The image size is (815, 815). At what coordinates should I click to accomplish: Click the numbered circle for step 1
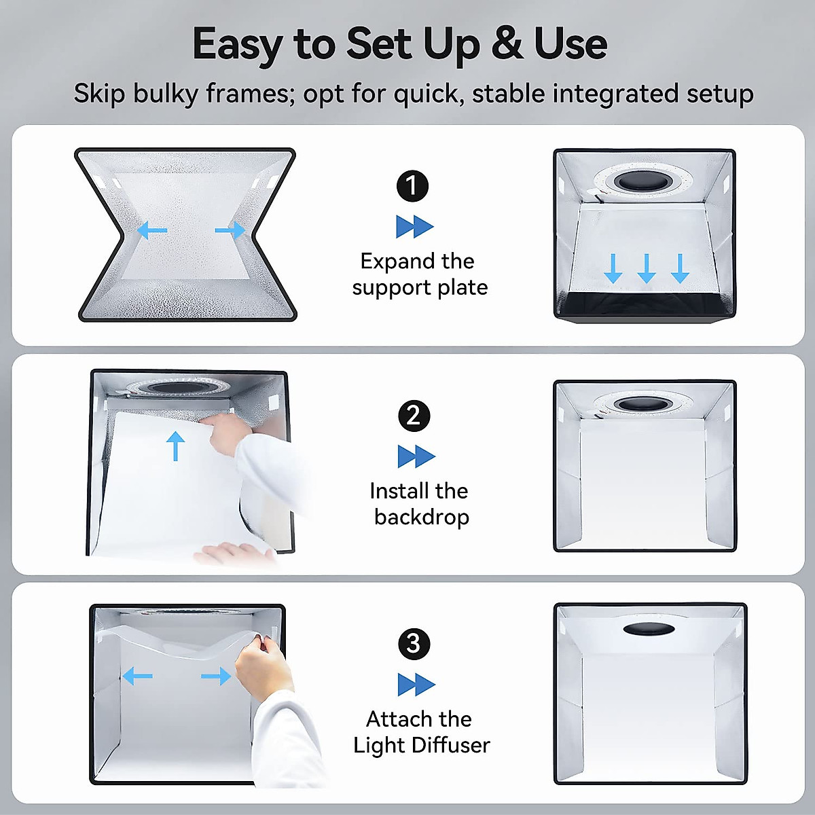click(x=412, y=185)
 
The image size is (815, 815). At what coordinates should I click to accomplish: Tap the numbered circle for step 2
click(x=414, y=416)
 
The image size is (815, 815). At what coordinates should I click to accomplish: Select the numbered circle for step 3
click(x=414, y=644)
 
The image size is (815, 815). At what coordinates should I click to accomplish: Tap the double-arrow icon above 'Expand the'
click(x=414, y=227)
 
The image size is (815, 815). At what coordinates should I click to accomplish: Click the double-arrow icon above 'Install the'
click(x=416, y=456)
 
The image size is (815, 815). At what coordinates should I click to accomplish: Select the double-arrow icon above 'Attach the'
click(x=416, y=685)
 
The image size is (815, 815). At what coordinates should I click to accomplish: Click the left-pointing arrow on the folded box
click(x=152, y=230)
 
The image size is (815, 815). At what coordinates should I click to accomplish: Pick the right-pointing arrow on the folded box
click(x=230, y=230)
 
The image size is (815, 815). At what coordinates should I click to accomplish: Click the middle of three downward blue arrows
click(x=647, y=269)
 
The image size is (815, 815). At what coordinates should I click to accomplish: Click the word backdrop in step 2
click(x=421, y=518)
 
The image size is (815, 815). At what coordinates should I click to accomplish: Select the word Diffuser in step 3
click(x=451, y=746)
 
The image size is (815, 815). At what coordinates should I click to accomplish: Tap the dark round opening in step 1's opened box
click(x=644, y=181)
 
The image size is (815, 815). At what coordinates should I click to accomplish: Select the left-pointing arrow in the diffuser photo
click(x=137, y=676)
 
